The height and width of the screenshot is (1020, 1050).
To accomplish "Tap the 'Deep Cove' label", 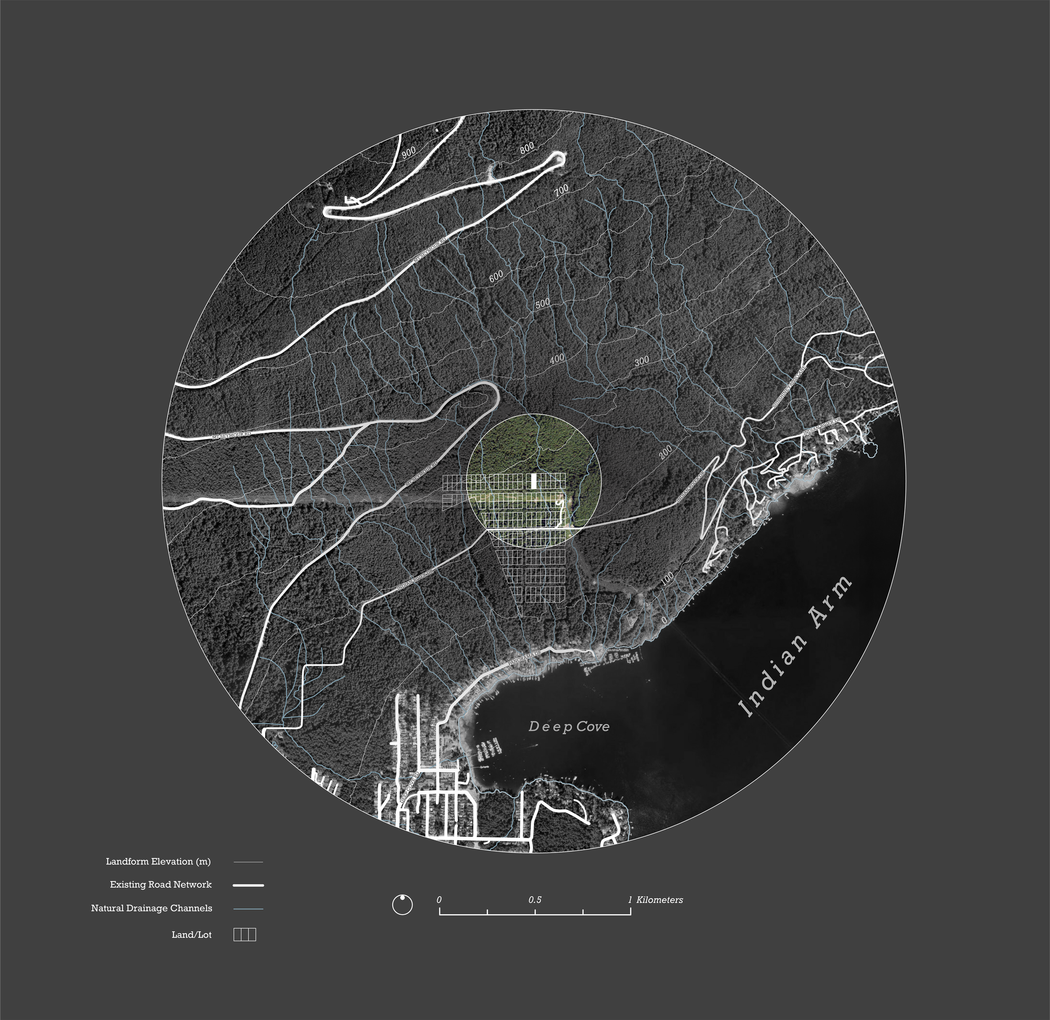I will coord(569,727).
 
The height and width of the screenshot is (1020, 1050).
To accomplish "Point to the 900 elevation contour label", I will coord(409,152).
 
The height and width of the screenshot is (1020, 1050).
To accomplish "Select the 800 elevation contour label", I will coord(527,148).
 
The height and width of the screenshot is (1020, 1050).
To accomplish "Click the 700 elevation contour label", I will coord(561,190).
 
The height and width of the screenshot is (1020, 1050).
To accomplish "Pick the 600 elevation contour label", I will coord(496,276).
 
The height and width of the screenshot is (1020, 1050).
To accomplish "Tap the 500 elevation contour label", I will coord(542,303).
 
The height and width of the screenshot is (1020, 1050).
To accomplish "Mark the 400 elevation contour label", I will coord(557,359).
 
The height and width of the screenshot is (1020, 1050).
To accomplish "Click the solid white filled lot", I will coord(533,481).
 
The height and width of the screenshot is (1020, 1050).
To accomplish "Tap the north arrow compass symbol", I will coord(402,905).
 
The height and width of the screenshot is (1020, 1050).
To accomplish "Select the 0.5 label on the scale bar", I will coord(535,900).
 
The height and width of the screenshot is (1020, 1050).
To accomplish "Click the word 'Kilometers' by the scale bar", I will coord(659,900).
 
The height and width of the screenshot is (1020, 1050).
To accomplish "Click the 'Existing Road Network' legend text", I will coord(160,884).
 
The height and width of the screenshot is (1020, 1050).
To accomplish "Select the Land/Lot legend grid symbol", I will coord(244,934).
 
